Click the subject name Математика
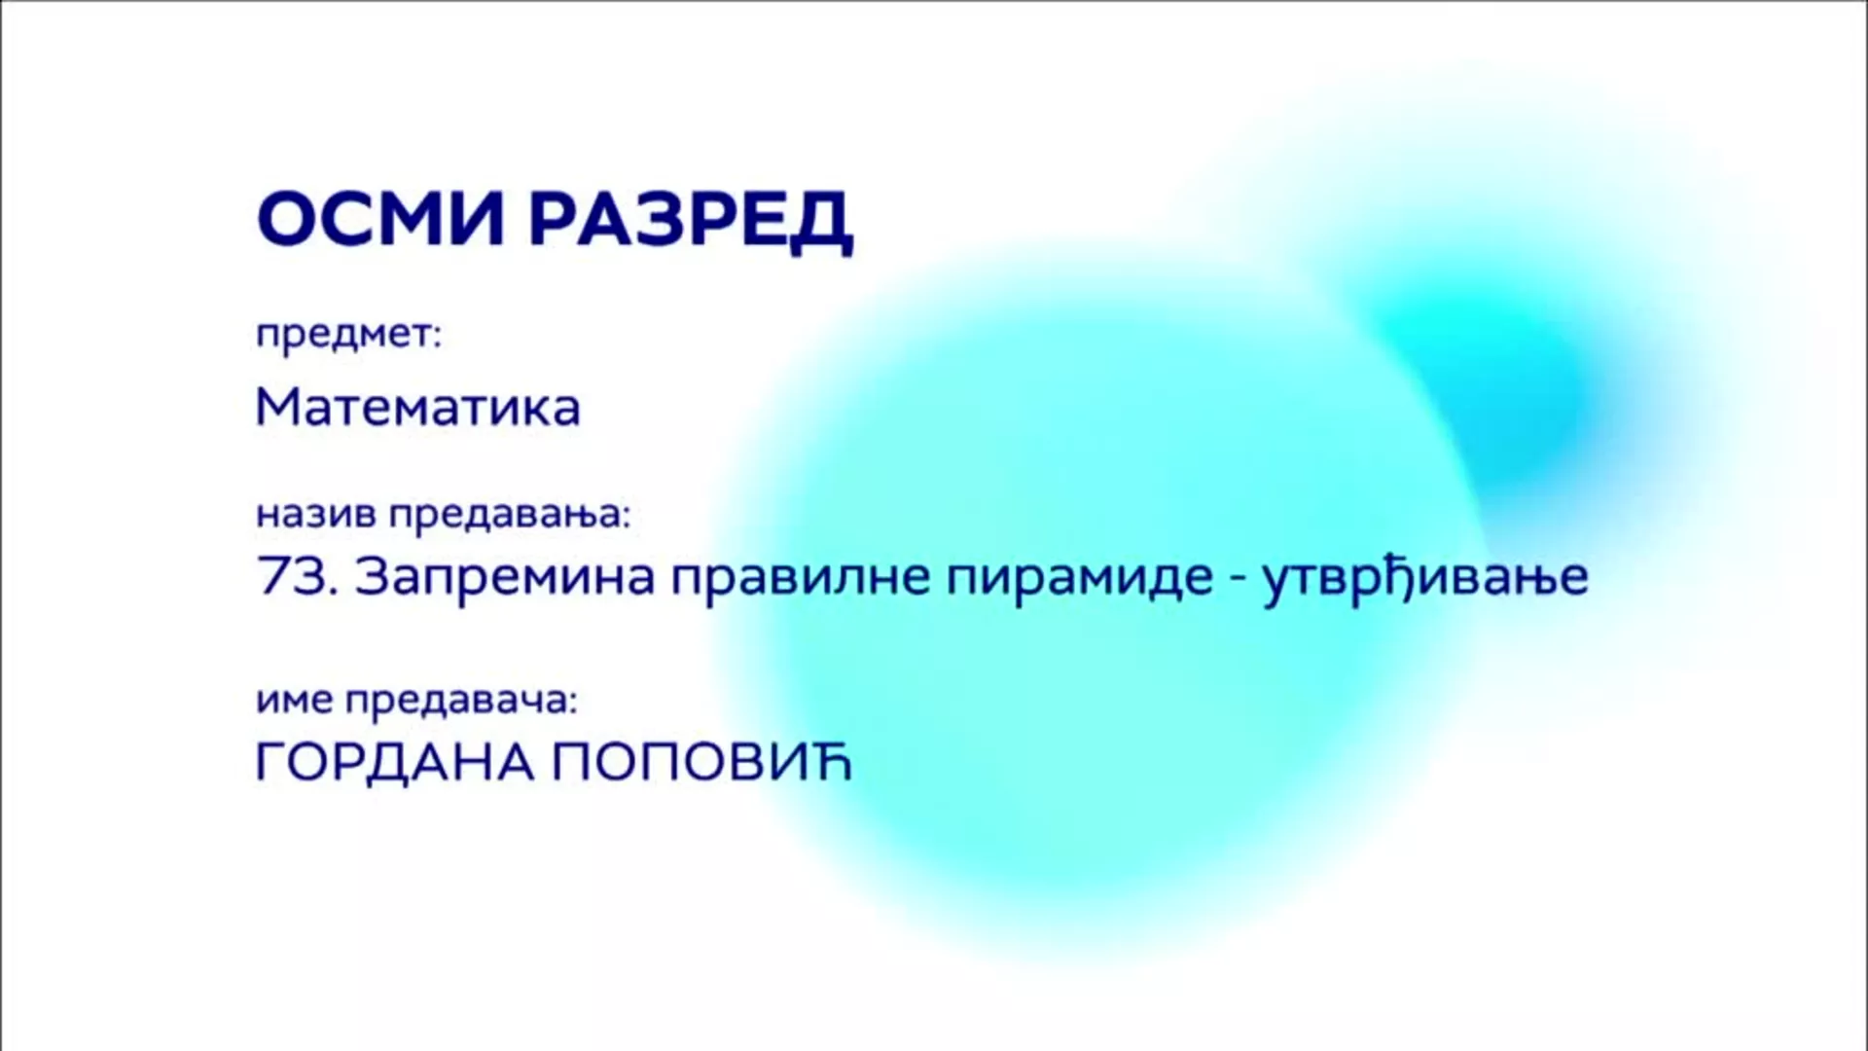click(417, 408)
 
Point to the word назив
click(316, 514)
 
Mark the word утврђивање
click(1425, 577)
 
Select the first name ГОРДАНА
click(395, 763)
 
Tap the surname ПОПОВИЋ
click(701, 762)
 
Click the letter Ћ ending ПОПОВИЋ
click(830, 762)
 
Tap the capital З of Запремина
click(374, 576)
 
